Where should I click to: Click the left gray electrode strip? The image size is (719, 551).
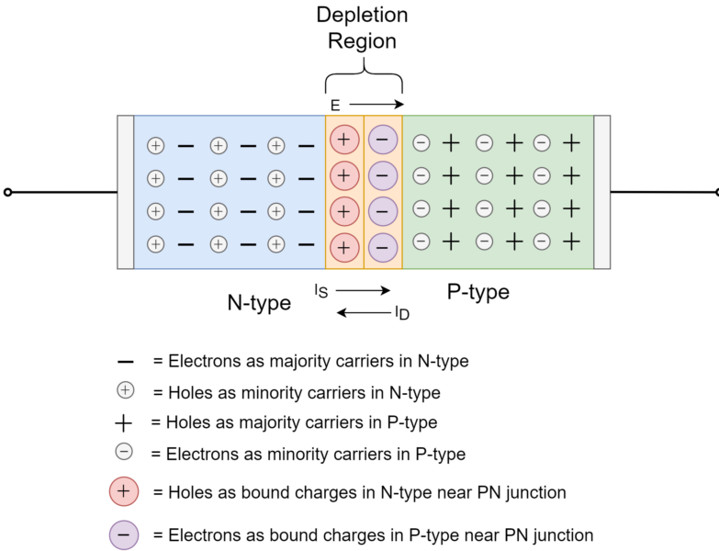pos(126,192)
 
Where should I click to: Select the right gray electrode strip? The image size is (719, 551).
pos(601,192)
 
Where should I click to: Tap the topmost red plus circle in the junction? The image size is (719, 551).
pos(344,140)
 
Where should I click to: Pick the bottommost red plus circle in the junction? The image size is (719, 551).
pos(344,247)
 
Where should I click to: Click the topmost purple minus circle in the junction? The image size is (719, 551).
pos(383,140)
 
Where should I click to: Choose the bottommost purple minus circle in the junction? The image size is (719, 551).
pos(383,247)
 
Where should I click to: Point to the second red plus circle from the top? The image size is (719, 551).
pos(344,174)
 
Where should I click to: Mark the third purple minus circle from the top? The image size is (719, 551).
pos(383,211)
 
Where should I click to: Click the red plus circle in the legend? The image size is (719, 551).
pos(124,491)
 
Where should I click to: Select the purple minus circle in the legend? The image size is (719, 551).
pos(124,534)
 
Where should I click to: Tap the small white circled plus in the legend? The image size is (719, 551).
pos(126,390)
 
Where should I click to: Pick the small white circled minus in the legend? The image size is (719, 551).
pos(124,452)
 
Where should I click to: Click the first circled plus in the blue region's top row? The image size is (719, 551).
pos(156,146)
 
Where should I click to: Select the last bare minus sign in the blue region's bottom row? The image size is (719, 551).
pos(306,244)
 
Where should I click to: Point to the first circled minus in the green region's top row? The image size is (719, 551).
pos(421,143)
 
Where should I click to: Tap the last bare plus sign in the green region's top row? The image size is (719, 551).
pos(571,142)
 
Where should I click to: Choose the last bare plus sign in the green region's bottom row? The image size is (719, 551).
pos(571,242)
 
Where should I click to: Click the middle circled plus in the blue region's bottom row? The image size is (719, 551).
pos(219,244)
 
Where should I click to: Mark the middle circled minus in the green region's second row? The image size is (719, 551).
pos(484,175)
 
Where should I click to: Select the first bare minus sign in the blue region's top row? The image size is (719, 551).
pos(185,146)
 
